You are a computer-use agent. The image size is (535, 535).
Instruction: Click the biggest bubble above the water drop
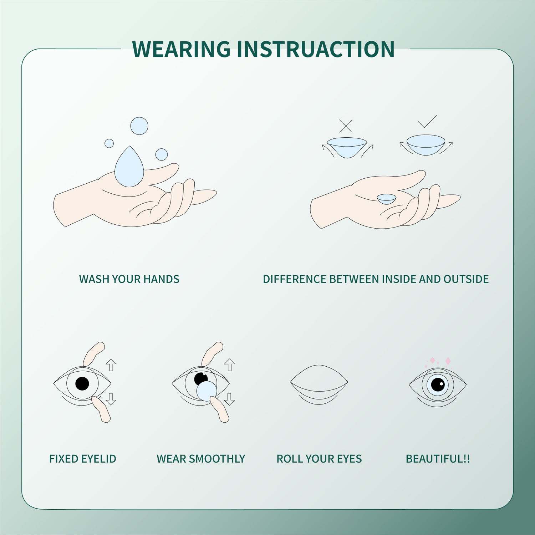coord(139,126)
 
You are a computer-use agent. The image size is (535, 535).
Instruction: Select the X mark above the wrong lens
coord(346,126)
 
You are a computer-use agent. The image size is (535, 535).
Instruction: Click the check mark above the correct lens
coord(427,122)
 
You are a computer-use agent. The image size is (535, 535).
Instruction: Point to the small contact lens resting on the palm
coord(387,199)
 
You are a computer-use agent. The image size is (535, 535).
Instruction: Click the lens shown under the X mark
coord(347,146)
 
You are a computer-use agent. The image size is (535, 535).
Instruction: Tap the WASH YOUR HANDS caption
coord(129,279)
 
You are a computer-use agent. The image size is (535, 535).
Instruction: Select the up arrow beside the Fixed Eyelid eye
coord(111,365)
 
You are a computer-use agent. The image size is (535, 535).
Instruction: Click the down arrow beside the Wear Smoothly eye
coord(229,399)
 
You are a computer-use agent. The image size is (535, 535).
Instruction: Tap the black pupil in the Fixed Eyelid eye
coord(82,383)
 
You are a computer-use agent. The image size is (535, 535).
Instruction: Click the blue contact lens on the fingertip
coord(207,391)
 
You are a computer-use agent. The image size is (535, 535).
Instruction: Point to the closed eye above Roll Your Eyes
coord(319,383)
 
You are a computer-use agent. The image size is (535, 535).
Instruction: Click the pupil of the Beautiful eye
coord(438,384)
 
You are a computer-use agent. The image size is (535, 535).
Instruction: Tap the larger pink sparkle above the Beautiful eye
coord(448,361)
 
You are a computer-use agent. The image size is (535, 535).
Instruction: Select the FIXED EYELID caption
coord(83,459)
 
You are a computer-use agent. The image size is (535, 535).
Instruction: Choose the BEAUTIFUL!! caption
coord(438,459)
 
